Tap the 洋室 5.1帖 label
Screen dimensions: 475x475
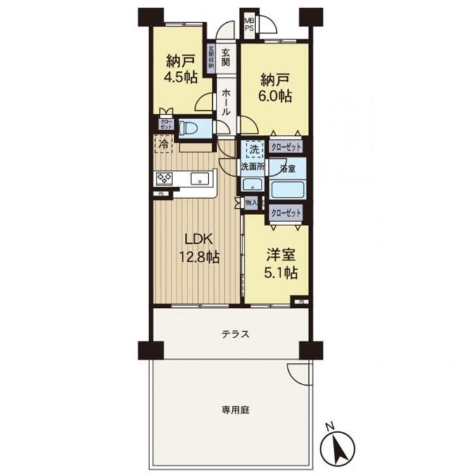(279, 265)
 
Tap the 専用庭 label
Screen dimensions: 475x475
(235, 410)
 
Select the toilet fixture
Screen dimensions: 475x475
(190, 129)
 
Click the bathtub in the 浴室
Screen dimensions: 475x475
(287, 189)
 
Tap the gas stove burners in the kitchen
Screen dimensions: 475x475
(164, 179)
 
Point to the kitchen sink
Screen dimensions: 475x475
(201, 179)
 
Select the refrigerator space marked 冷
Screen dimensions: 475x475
(162, 144)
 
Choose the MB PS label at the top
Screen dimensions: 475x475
(250, 25)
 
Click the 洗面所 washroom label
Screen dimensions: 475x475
(252, 167)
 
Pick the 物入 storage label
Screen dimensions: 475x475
(251, 203)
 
